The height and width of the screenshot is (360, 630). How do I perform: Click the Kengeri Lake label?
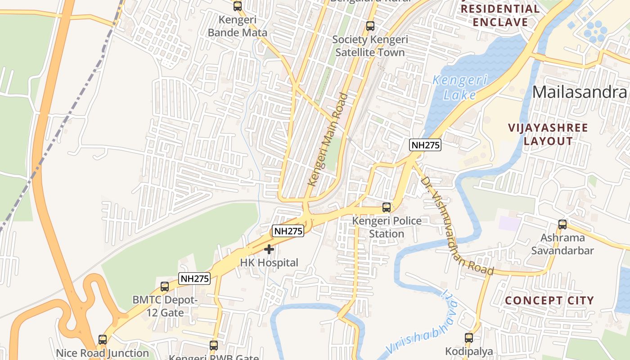pyautogui.click(x=459, y=88)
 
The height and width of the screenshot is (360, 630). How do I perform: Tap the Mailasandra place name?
pyautogui.click(x=580, y=92)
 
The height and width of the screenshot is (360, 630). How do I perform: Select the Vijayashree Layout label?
pyautogui.click(x=548, y=134)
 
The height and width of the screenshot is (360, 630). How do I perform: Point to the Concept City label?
pyautogui.click(x=549, y=300)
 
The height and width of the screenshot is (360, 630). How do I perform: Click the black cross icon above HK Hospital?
pyautogui.click(x=269, y=249)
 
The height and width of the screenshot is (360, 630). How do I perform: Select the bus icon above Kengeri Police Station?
pyautogui.click(x=386, y=207)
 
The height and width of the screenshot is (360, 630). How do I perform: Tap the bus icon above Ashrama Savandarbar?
pyautogui.click(x=562, y=224)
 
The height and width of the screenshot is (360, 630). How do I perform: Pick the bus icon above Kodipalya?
pyautogui.click(x=469, y=337)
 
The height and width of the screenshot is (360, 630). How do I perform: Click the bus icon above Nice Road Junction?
pyautogui.click(x=103, y=340)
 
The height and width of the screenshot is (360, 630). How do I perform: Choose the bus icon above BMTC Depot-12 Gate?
pyautogui.click(x=165, y=287)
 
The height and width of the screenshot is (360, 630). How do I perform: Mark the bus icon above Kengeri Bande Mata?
pyautogui.click(x=237, y=6)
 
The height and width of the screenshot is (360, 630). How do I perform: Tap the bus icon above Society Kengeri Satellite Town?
pyautogui.click(x=370, y=26)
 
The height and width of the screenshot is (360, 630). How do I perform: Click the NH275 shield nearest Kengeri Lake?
pyautogui.click(x=425, y=145)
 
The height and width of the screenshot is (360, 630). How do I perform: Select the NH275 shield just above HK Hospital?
pyautogui.click(x=288, y=231)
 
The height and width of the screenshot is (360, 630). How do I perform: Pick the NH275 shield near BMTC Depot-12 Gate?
pyautogui.click(x=194, y=279)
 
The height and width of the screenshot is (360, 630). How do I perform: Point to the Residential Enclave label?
pyautogui.click(x=500, y=15)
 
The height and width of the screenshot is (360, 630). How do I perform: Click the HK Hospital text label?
pyautogui.click(x=269, y=263)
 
